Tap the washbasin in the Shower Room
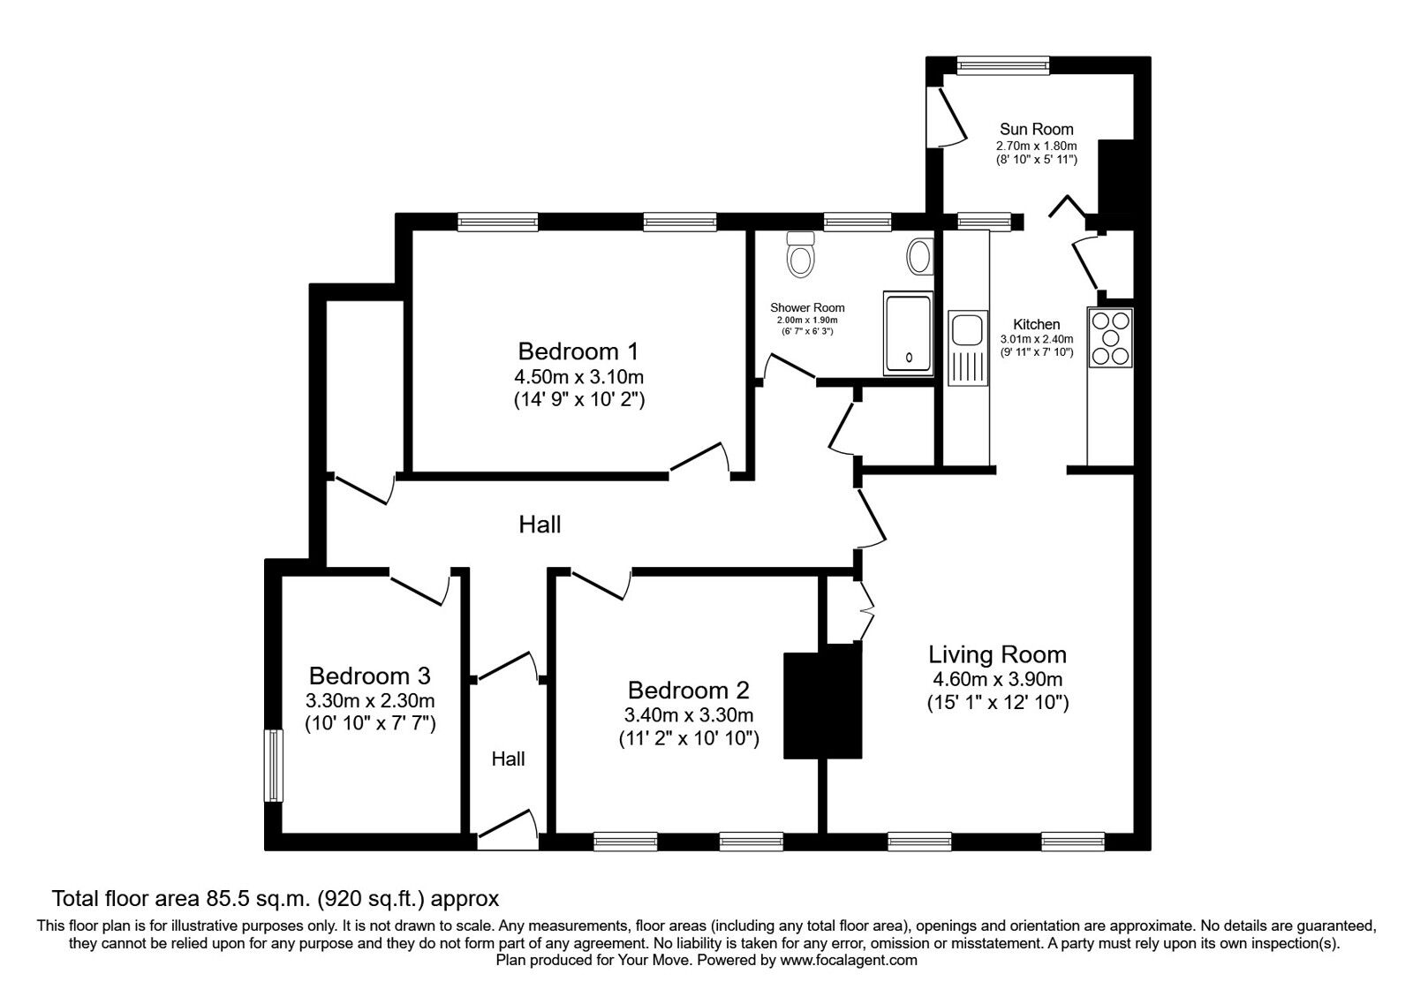[920, 257]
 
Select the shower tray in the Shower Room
[909, 334]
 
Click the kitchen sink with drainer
[968, 348]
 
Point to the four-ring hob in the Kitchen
[1110, 338]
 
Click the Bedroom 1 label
[578, 351]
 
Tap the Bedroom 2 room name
[688, 690]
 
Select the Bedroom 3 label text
[370, 676]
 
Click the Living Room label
[997, 654]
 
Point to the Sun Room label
[1037, 129]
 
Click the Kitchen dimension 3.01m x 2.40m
[1037, 339]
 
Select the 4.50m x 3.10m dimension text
[578, 377]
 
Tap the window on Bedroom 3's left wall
[273, 766]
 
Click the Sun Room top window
[1003, 65]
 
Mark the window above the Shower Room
[858, 222]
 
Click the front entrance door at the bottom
[507, 831]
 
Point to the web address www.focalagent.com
[849, 961]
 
